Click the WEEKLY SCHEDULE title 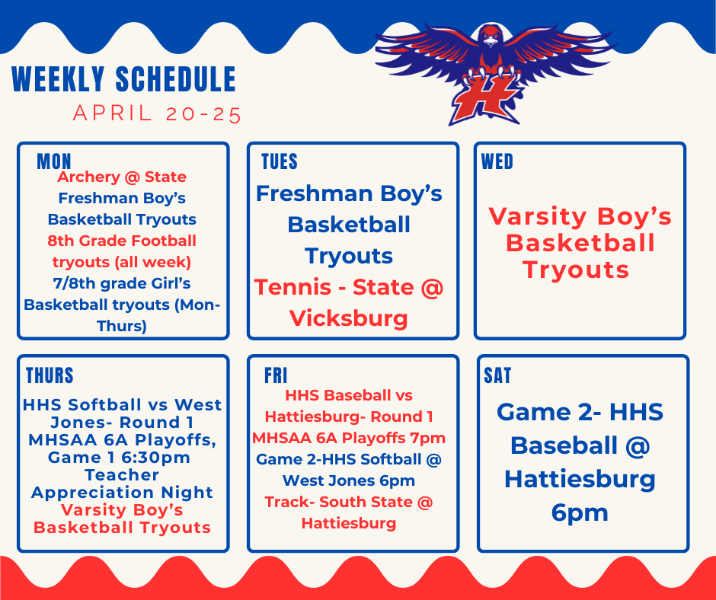coord(124,80)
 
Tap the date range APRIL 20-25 coord(157,114)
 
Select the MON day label coord(54,161)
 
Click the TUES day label coord(280,161)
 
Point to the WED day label coord(497,161)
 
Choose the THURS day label coord(50,375)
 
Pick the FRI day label coord(276,375)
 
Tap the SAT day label coord(497,375)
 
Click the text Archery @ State coord(122,177)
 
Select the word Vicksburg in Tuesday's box coord(349,318)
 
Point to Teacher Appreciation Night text coord(122,484)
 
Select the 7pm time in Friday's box coord(430,438)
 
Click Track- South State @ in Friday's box coord(349,502)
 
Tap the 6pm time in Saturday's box coord(580,512)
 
